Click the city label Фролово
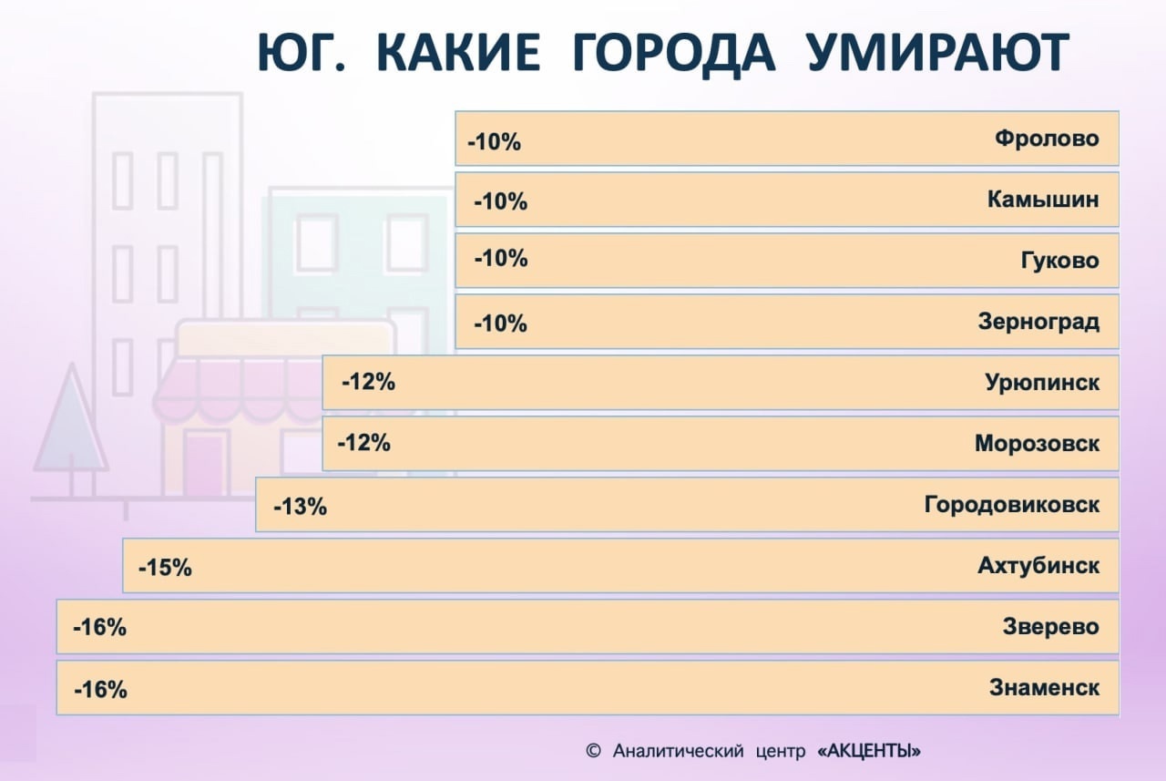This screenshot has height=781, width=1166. pos(1047,139)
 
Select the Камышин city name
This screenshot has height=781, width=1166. pos(1043,200)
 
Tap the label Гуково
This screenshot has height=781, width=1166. pos(1059,261)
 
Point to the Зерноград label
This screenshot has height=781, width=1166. pos(1038,322)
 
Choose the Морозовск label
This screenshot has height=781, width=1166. pos(1037,444)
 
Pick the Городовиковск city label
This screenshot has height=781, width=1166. pos(1012,505)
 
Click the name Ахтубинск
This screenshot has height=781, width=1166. pos(1038,565)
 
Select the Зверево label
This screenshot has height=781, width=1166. pos(1051,626)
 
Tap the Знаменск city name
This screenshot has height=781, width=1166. pos(1044,688)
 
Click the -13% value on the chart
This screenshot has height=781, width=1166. pos(301,507)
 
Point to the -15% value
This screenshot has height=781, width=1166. pos(165,568)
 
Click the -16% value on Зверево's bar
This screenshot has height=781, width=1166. pos(100,627)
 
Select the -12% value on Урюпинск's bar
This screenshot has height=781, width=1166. pos(369,382)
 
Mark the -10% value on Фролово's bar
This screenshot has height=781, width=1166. pos(494,142)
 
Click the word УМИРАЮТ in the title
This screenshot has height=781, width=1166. pos(938,53)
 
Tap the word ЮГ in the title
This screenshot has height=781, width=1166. pos(301,53)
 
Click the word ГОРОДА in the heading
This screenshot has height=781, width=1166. pos(674,54)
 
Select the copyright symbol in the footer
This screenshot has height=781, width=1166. pos(593,751)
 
